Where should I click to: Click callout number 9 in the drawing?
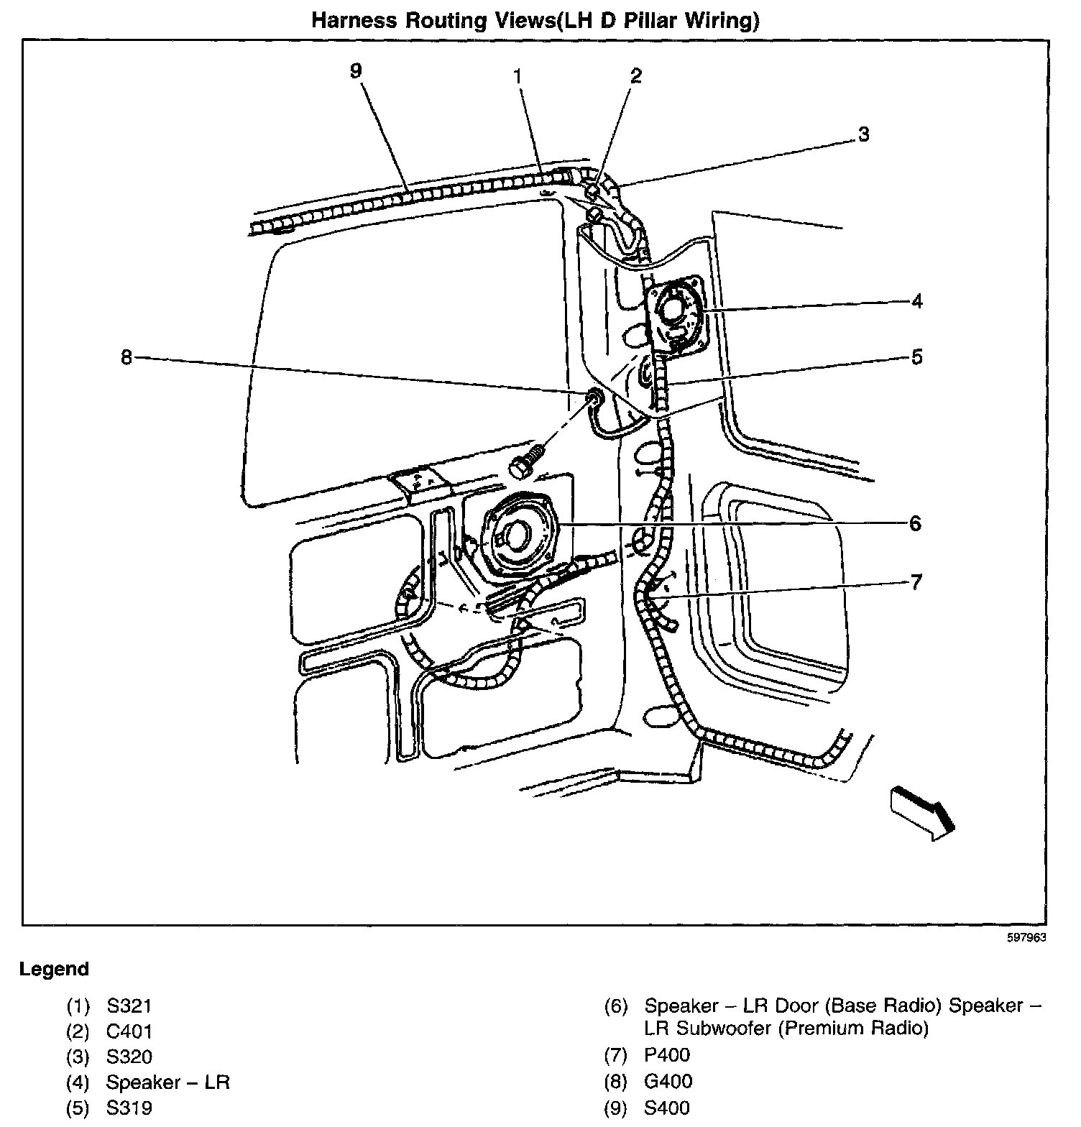[356, 70]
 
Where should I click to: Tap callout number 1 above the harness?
[517, 75]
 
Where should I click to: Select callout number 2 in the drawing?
[635, 75]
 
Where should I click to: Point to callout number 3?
[863, 134]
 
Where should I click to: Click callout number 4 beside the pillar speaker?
[916, 301]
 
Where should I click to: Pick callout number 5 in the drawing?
[916, 357]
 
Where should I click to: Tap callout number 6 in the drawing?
[915, 523]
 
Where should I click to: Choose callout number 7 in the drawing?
[915, 581]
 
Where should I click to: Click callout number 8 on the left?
[126, 357]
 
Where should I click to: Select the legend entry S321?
[129, 1006]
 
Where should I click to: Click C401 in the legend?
[129, 1031]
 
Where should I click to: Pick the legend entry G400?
[668, 1081]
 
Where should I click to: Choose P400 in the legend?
[667, 1055]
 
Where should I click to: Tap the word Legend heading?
[54, 969]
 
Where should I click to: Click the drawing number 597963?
[1026, 937]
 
